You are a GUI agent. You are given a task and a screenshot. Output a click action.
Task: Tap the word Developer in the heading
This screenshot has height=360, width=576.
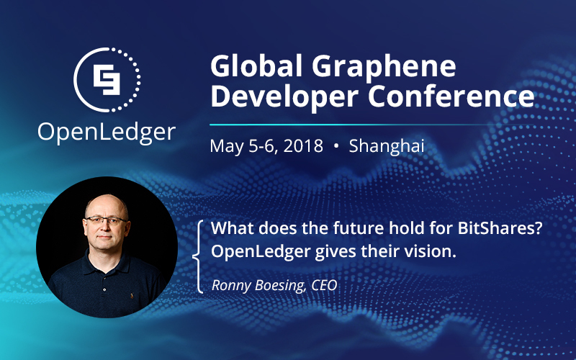tap(284, 97)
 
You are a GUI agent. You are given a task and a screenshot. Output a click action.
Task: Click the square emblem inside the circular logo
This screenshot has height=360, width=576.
tap(107, 80)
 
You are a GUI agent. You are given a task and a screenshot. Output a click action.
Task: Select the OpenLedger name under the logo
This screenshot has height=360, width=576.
tap(107, 132)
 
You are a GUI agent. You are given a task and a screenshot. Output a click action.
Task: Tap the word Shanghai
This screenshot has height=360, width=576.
tap(387, 146)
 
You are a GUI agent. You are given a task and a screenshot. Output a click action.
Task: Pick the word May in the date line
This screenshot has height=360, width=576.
tap(226, 147)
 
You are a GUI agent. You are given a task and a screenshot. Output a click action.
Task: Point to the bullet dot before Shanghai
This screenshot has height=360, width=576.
tap(336, 146)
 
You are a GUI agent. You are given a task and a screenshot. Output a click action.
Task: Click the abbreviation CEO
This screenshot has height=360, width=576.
tap(324, 285)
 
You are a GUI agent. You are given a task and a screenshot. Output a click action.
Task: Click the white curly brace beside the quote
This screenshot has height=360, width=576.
tap(199, 256)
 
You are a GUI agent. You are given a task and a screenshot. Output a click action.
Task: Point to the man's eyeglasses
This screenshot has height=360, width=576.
tap(106, 220)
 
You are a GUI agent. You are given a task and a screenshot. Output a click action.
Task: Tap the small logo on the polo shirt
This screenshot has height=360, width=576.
tap(132, 295)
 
